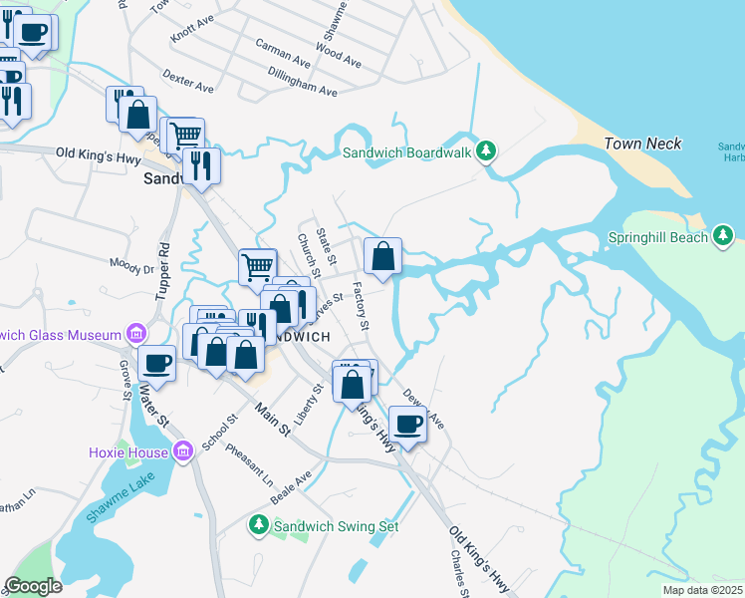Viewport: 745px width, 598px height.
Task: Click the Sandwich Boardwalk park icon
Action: (486, 152)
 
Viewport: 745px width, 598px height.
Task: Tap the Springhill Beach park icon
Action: (723, 237)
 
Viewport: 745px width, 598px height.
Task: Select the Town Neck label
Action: (642, 145)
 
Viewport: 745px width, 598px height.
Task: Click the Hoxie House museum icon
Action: (181, 452)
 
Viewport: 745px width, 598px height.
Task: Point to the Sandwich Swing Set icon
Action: (258, 524)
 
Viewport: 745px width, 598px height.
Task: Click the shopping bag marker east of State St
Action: (382, 257)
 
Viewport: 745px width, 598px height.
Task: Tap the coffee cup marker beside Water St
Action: (156, 364)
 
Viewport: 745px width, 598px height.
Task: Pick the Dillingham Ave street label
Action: (303, 81)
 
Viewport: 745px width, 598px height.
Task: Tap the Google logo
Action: (34, 586)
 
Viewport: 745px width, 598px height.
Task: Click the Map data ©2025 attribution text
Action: (702, 590)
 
